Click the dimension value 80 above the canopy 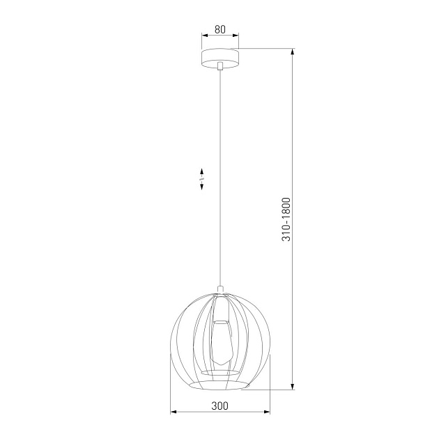[219, 29]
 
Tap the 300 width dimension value [220, 405]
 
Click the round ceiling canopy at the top [219, 56]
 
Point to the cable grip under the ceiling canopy [219, 67]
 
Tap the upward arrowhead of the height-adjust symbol [201, 171]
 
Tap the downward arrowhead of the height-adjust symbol [201, 187]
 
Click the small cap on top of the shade [220, 289]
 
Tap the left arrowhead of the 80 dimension [203, 36]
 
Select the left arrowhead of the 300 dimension [174, 412]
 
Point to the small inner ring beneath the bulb [220, 373]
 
